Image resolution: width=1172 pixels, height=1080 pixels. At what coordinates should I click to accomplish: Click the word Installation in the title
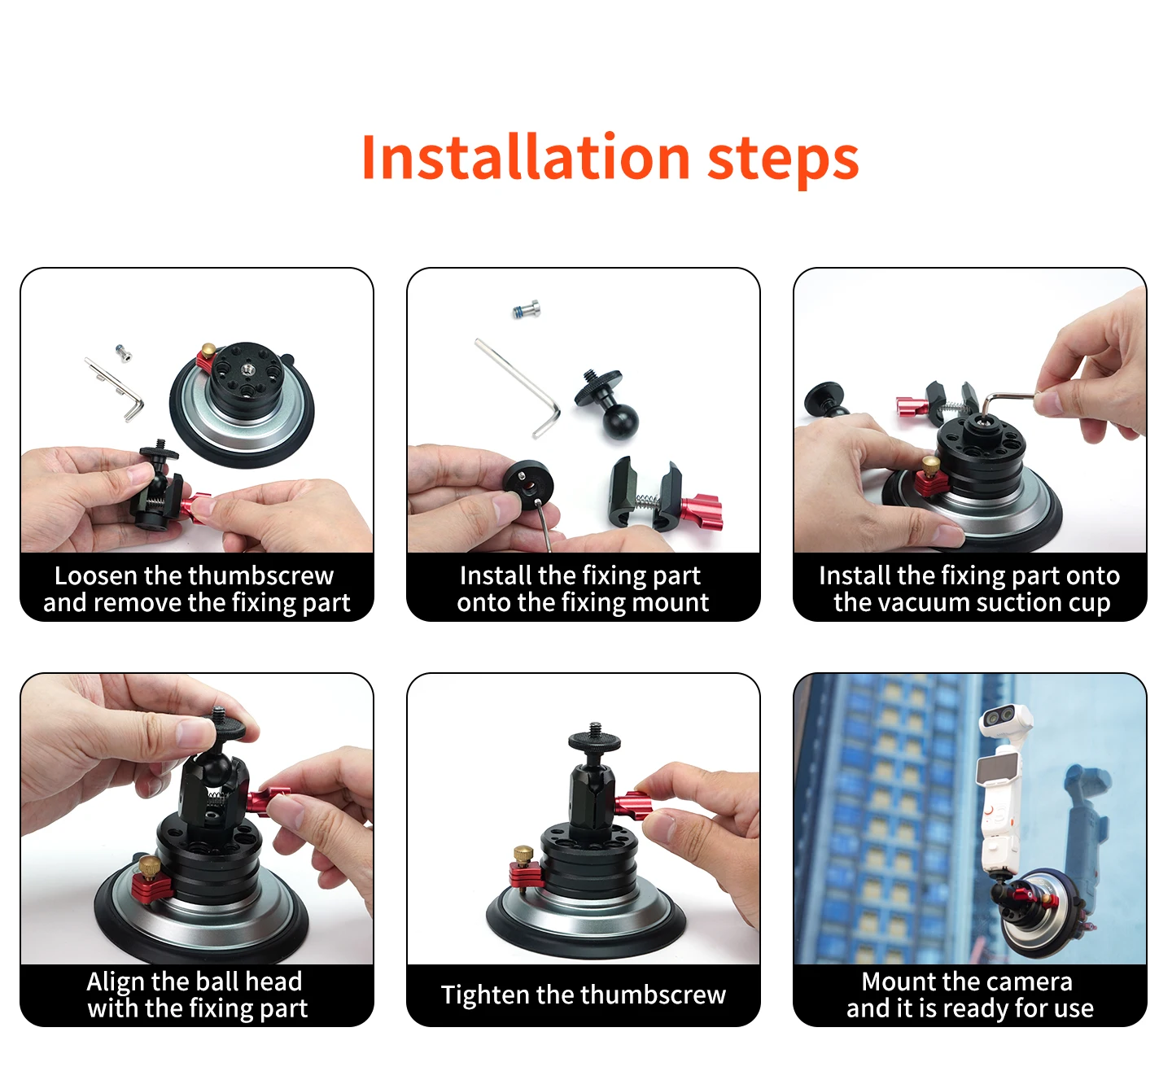(x=526, y=156)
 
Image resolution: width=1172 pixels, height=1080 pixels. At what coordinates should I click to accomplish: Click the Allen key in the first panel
(x=116, y=389)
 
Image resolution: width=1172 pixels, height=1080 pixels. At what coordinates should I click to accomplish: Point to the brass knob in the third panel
(x=931, y=467)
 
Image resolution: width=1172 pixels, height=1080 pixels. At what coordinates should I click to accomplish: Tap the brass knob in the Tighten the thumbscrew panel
(x=523, y=855)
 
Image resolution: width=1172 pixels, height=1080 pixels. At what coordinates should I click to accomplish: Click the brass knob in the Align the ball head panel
(x=150, y=867)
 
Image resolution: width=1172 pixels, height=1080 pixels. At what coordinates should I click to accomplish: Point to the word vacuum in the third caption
(x=922, y=603)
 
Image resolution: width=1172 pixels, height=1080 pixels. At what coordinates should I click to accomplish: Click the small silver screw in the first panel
(x=123, y=353)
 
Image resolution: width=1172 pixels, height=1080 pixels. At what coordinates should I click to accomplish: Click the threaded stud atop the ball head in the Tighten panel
(x=595, y=729)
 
